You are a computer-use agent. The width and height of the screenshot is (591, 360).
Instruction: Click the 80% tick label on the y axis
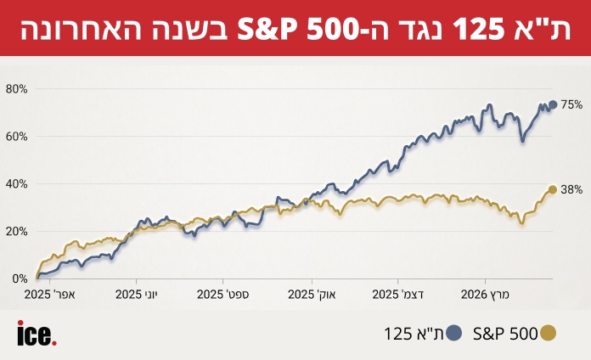click(x=17, y=88)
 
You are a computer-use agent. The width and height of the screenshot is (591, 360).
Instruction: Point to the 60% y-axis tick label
click(x=17, y=136)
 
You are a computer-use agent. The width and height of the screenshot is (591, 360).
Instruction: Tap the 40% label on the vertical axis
click(x=17, y=183)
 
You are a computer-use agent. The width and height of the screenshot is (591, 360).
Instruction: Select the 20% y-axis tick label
click(x=17, y=231)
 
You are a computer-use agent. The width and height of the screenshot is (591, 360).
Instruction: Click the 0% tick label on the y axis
click(x=20, y=278)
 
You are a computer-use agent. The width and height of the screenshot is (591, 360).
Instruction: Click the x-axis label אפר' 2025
click(x=50, y=295)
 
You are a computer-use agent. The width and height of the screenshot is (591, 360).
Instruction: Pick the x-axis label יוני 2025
click(x=137, y=295)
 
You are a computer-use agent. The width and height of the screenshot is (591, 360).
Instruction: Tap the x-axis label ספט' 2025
click(x=223, y=295)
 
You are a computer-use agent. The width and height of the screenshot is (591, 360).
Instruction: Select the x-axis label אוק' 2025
click(x=312, y=295)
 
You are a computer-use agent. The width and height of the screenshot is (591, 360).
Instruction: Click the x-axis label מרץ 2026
click(x=485, y=295)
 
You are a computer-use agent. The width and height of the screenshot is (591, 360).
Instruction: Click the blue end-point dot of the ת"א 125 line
click(x=553, y=104)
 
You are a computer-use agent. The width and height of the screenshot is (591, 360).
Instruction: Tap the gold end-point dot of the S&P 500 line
click(x=553, y=189)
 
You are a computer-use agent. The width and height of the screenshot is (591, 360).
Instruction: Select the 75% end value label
click(x=571, y=104)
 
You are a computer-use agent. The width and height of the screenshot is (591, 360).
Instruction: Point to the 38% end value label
click(x=571, y=190)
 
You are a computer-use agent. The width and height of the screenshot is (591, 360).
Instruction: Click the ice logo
click(x=37, y=334)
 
